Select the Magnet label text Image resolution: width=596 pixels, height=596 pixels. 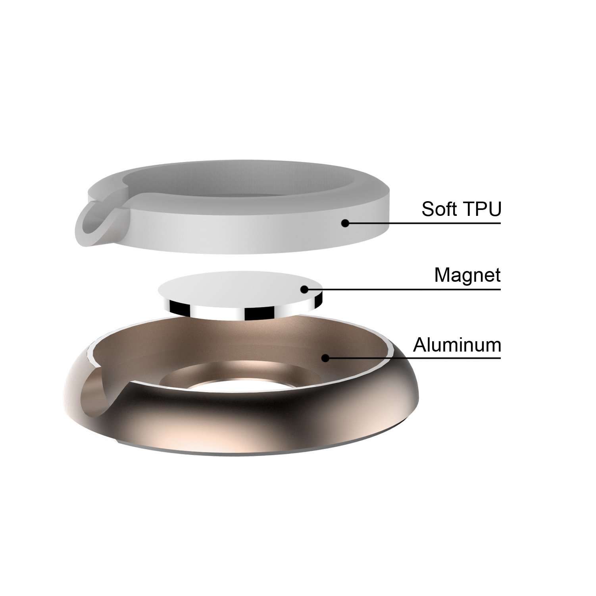467,275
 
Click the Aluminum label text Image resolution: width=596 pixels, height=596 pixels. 457,345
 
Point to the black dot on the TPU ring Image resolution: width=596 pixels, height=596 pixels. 345,223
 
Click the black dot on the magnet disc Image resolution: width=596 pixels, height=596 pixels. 304,289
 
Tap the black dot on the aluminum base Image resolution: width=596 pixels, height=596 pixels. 325,358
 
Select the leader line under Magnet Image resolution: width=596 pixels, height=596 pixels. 402,289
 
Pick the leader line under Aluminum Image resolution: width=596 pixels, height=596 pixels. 413,358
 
